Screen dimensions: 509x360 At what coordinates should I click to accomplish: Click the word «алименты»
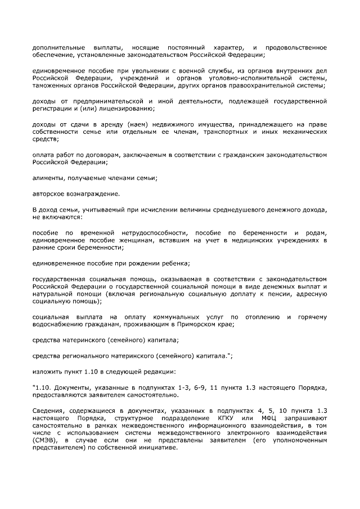(48, 178)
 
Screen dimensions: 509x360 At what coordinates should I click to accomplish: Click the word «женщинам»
(124, 240)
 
